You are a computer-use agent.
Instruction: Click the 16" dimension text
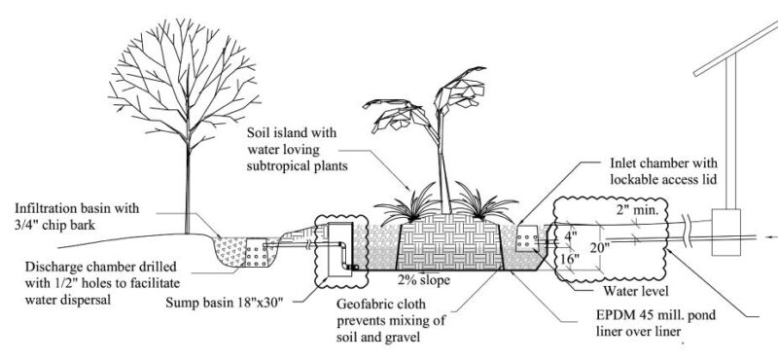pos(565,260)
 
